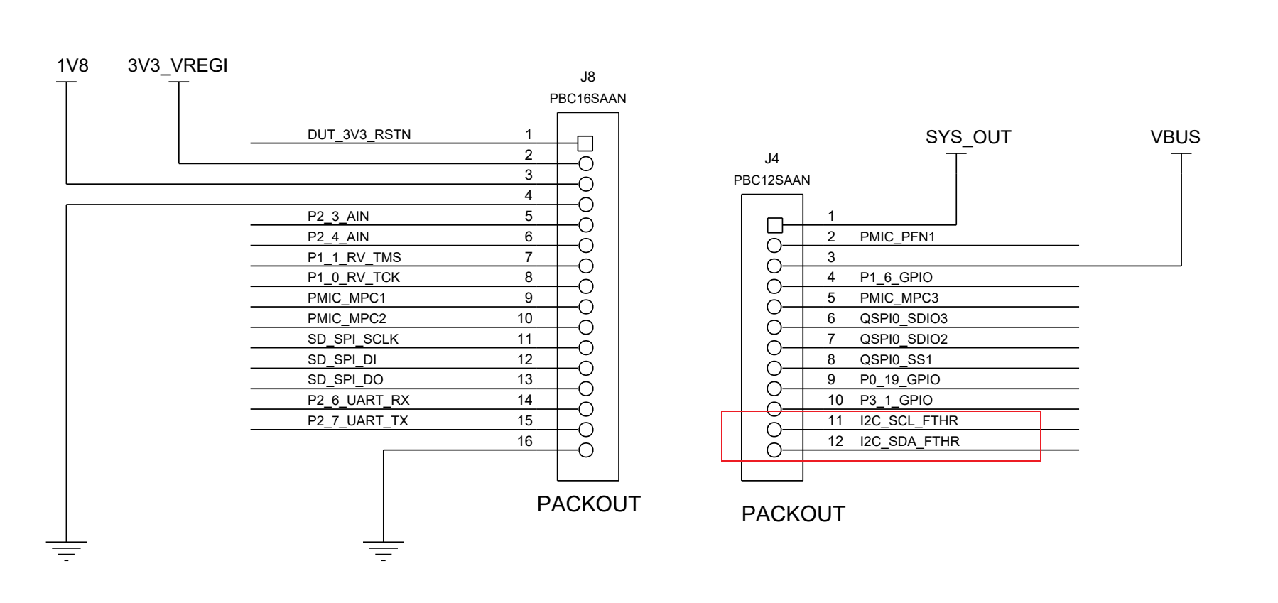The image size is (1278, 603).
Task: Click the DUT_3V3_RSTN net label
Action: point(359,134)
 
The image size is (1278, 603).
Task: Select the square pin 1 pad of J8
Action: point(585,143)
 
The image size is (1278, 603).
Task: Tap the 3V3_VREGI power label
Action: point(178,66)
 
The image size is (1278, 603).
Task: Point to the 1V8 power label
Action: point(72,66)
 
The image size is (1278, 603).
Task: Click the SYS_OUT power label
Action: point(968,137)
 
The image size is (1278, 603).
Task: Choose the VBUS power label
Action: point(1175,137)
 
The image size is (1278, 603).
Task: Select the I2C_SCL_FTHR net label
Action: point(909,421)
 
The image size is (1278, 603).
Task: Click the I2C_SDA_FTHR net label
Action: point(909,442)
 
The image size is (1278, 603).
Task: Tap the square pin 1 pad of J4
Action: point(775,226)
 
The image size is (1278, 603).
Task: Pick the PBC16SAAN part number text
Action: point(587,99)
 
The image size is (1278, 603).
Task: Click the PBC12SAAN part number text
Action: point(771,180)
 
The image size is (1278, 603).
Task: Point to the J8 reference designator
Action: point(587,77)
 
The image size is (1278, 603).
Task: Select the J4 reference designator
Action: point(771,159)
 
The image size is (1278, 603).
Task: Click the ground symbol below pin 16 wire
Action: point(383,548)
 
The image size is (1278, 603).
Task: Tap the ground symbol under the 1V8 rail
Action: point(66,548)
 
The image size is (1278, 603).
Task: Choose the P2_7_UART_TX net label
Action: point(357,421)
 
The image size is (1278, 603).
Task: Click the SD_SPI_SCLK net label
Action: point(352,339)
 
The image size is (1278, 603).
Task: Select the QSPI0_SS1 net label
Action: point(896,360)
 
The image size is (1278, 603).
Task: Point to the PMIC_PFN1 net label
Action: point(897,237)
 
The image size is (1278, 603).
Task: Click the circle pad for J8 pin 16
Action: point(586,450)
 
